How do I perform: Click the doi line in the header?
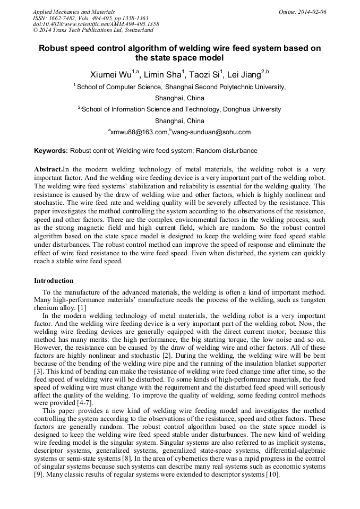coord(96,24)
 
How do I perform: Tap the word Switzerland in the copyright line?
coord(138,30)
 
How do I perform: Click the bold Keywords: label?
coord(51,151)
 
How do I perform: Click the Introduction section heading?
coord(54,281)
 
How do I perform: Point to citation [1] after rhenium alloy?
coord(82,308)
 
